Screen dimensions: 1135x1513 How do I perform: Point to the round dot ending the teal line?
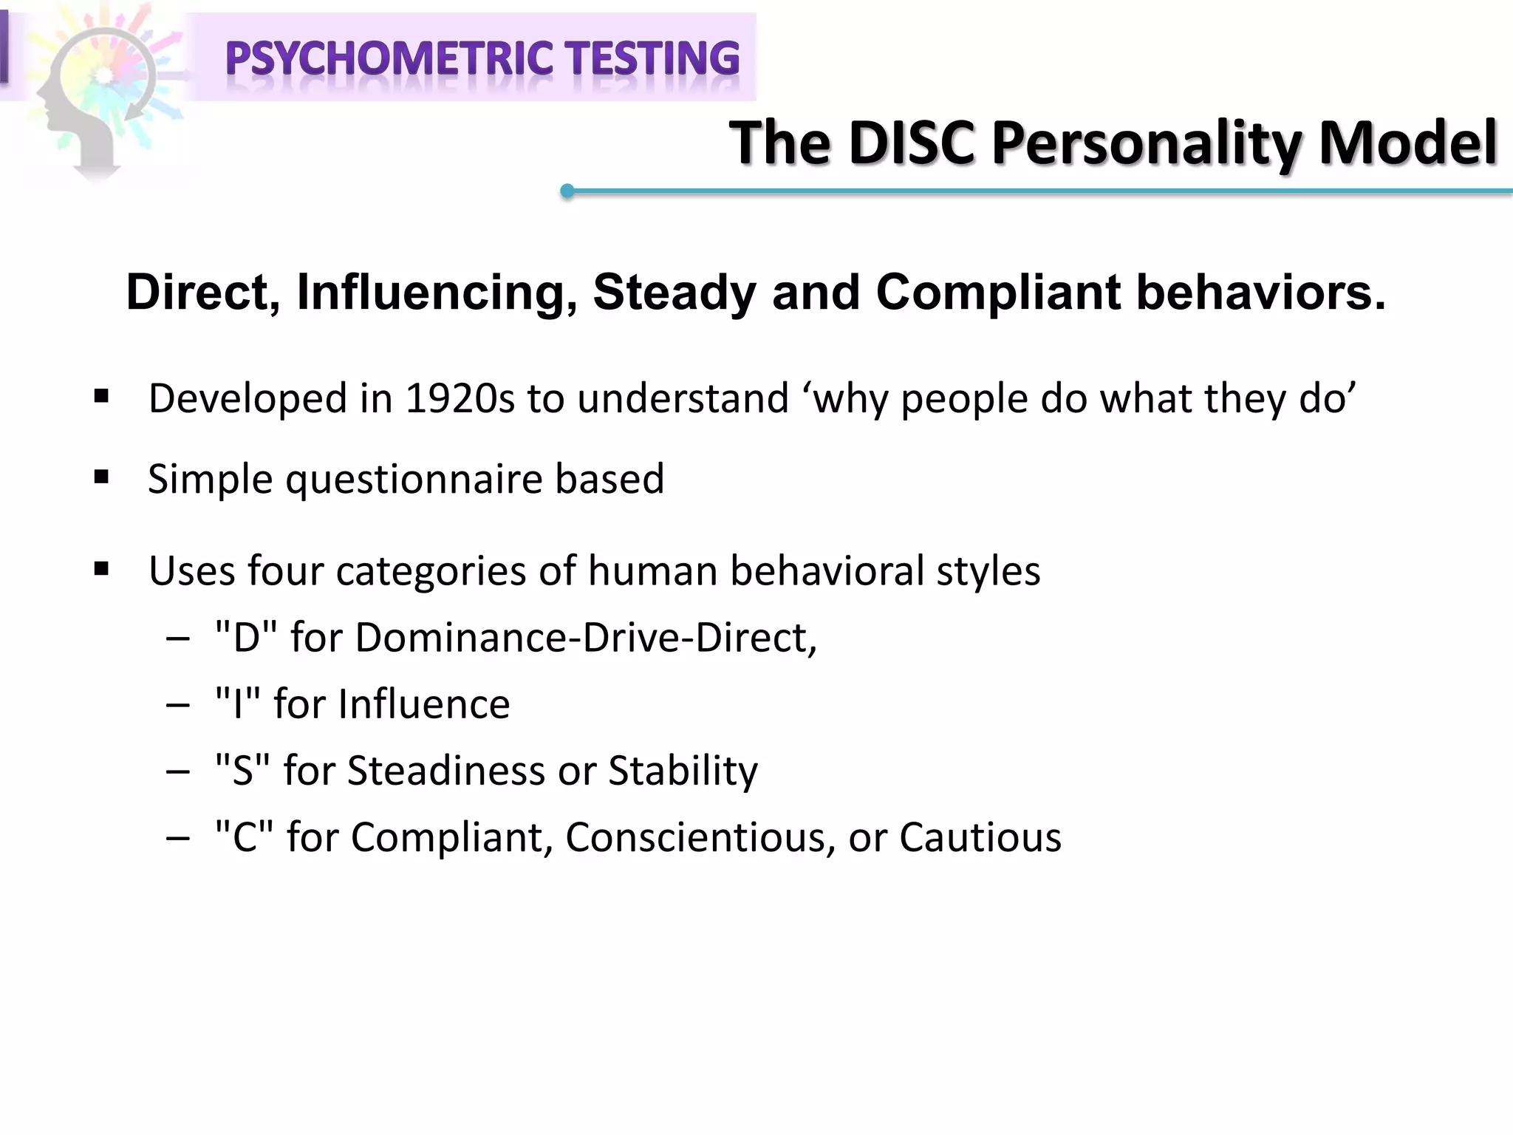[x=567, y=191]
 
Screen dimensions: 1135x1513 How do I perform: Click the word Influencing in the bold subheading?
[x=437, y=292]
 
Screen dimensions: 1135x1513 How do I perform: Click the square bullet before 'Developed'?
[x=102, y=397]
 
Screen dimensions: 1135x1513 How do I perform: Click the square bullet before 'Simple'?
[x=102, y=477]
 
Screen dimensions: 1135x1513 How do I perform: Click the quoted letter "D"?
[x=246, y=637]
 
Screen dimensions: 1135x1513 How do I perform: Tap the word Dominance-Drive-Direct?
[x=585, y=637]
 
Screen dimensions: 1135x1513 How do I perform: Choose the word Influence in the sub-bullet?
[x=424, y=703]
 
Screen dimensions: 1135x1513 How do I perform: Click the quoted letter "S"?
[x=243, y=770]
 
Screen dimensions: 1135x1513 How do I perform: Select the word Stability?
[x=683, y=771]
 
